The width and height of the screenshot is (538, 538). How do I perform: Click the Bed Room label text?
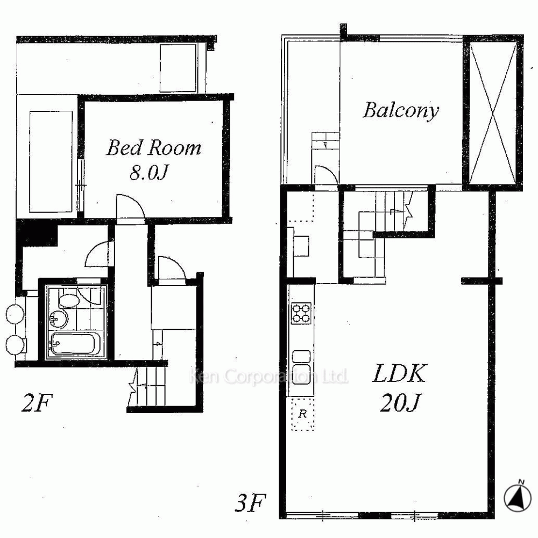153,148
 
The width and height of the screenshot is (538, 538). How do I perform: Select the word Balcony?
401,111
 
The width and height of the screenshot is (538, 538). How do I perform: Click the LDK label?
399,374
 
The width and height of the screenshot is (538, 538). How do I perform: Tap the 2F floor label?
37,403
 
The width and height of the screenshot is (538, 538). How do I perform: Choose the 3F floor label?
251,503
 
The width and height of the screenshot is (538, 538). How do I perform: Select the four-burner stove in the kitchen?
301,313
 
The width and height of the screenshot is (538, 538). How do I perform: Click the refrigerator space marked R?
302,414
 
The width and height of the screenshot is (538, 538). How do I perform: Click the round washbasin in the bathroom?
58,320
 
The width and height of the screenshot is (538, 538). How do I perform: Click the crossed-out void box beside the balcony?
493,112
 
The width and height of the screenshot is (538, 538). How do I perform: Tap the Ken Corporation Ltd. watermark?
268,377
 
